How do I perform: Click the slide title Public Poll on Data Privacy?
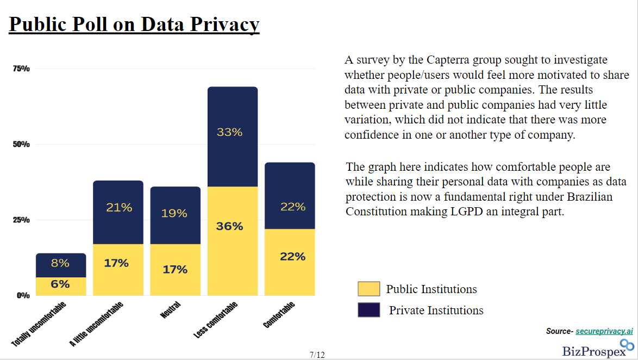coord(134,24)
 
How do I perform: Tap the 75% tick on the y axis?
coord(21,69)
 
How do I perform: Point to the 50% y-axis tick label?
coord(21,145)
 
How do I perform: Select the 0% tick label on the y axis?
coord(23,295)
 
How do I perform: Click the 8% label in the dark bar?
coord(60,263)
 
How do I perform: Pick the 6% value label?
coord(60,284)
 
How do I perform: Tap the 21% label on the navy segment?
coord(119,207)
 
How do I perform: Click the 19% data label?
coord(174,213)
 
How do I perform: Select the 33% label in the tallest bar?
coord(229,132)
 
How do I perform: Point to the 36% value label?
coord(229,226)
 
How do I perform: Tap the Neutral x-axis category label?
coord(170,311)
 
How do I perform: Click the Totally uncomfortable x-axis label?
coord(39,324)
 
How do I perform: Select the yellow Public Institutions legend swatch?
coord(368,289)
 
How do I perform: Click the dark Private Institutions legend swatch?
coord(368,310)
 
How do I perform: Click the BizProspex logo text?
coord(593,351)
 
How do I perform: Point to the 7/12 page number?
coord(317,355)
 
